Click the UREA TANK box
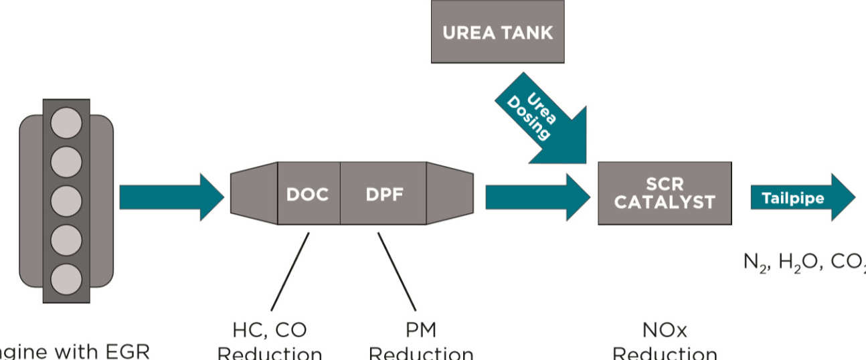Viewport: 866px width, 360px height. pos(497,32)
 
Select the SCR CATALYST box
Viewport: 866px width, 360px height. pos(664,193)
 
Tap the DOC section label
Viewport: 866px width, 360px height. pos(308,194)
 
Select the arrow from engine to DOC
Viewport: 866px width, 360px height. pos(171,197)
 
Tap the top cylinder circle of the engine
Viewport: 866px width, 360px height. pos(66,123)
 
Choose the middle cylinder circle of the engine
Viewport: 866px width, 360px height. pos(66,200)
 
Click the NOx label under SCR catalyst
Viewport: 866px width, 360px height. pos(664,330)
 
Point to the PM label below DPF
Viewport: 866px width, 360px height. pos(420,330)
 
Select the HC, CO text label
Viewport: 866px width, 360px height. pos(270,330)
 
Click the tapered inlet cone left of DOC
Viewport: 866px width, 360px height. pos(254,193)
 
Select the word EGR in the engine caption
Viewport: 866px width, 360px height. pos(126,351)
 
